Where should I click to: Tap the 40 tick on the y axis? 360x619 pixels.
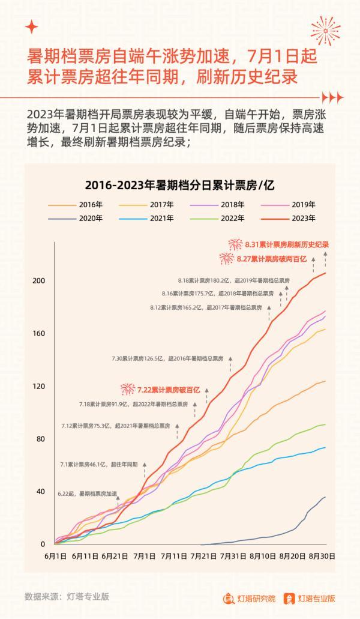(x=41, y=492)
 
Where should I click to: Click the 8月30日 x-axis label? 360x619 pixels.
(x=323, y=557)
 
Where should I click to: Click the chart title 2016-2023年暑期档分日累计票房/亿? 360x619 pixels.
(x=179, y=184)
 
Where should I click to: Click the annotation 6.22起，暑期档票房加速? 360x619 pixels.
(x=87, y=494)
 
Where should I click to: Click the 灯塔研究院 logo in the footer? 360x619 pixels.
(x=249, y=598)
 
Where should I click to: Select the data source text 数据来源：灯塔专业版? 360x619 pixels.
(x=67, y=597)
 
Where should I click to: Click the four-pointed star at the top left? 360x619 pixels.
(x=32, y=27)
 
